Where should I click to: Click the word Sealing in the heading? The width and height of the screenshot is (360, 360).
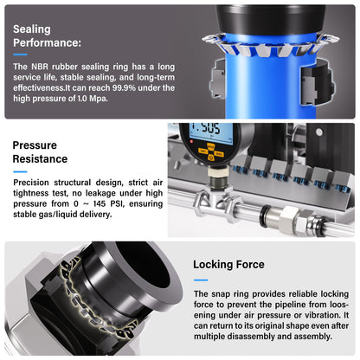click(32, 29)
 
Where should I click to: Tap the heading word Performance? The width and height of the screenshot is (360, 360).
click(48, 42)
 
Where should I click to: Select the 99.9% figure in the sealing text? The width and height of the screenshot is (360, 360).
click(124, 87)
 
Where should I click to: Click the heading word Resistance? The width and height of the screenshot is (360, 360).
click(40, 159)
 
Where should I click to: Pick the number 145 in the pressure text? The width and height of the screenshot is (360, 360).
click(100, 203)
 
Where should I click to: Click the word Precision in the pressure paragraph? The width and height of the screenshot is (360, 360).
click(31, 183)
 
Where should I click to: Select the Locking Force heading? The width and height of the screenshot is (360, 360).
click(228, 265)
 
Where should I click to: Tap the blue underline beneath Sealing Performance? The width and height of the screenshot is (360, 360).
click(20, 55)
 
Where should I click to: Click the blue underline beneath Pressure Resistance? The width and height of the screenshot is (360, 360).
click(20, 171)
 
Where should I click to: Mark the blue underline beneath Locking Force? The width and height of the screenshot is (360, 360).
click(201, 280)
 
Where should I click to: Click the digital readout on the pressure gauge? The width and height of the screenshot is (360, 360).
click(210, 132)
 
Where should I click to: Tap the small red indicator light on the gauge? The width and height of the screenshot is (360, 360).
click(191, 142)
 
